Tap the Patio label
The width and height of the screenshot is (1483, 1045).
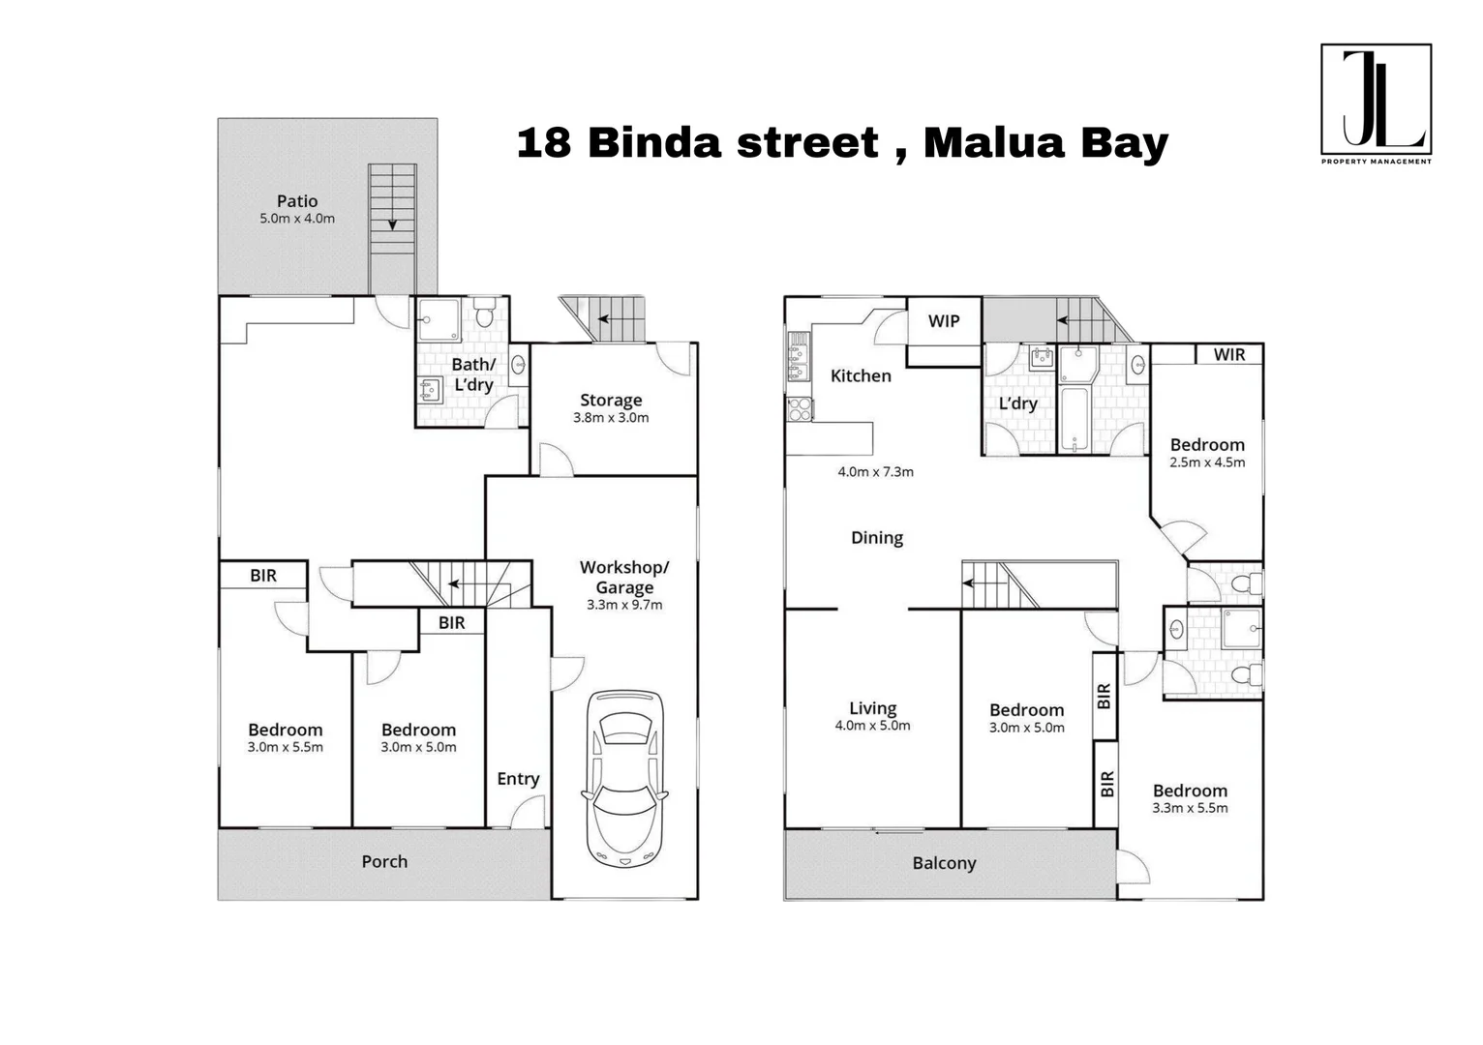(x=296, y=201)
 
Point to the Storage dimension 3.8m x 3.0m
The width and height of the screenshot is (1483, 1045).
(x=611, y=418)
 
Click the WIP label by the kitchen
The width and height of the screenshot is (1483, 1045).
(x=943, y=321)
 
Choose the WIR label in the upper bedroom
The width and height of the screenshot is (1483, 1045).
(x=1228, y=355)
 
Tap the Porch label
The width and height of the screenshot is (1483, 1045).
(x=384, y=861)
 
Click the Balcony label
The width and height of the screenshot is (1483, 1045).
(x=944, y=863)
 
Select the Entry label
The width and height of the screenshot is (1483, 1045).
(x=518, y=779)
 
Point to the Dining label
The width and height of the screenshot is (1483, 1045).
(x=876, y=538)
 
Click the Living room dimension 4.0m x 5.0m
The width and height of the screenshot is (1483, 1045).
(x=872, y=726)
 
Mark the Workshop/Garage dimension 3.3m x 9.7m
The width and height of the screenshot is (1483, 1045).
(x=624, y=606)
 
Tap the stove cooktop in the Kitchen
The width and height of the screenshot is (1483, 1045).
(x=800, y=409)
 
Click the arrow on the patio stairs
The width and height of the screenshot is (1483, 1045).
(x=392, y=223)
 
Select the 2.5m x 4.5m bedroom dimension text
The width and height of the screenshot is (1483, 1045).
(x=1207, y=463)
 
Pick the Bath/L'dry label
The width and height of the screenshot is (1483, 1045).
(x=473, y=374)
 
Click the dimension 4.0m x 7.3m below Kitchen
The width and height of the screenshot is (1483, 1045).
(x=875, y=472)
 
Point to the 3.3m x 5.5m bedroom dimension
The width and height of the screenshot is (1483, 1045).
(x=1190, y=809)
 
